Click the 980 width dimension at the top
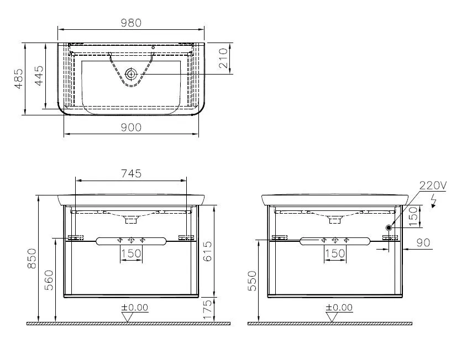(131, 23)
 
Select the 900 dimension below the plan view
(131, 128)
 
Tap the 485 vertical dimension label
(19, 79)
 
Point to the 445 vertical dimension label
(38, 76)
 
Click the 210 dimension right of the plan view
(223, 58)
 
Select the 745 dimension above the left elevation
(131, 173)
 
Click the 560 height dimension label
(49, 282)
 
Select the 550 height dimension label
(253, 282)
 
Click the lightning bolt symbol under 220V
(435, 200)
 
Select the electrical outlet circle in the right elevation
(389, 227)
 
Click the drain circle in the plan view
(131, 73)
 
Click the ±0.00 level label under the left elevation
(135, 308)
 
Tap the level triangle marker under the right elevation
(332, 317)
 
